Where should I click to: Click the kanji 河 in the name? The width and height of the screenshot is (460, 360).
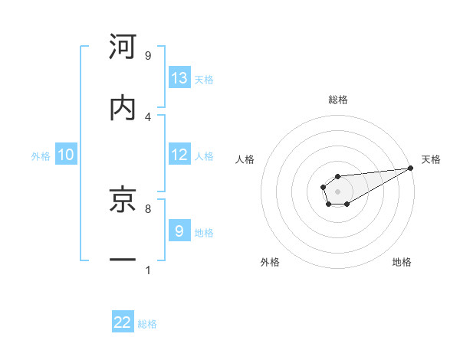[x=123, y=47]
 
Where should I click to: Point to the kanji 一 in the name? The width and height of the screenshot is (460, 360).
[x=123, y=260]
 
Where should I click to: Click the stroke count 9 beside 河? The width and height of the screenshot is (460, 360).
[x=148, y=56]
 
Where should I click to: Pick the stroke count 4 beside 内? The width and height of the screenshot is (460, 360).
[x=148, y=116]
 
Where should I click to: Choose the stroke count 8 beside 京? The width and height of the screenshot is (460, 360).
[x=148, y=208]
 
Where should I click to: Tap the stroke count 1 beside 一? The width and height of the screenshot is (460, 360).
[x=148, y=270]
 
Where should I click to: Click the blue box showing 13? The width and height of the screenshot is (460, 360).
[x=179, y=78]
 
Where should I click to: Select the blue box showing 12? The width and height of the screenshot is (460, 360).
[x=179, y=155]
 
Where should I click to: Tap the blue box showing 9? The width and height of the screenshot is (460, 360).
[x=179, y=231]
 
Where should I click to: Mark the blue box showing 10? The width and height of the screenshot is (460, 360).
[x=66, y=155]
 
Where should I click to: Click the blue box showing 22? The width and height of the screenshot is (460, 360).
[x=123, y=322]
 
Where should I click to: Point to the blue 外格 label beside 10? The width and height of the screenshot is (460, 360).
[x=41, y=155]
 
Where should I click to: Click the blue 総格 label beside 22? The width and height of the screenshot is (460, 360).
[x=147, y=324]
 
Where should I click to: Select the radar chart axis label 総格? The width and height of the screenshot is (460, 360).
[x=337, y=100]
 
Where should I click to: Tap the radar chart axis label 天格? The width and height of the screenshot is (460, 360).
[x=431, y=159]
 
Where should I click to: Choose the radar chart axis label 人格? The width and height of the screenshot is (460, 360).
[x=245, y=159]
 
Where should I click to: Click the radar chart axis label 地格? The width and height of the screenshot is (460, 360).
[x=402, y=262]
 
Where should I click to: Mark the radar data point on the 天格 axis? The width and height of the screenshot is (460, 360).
[x=410, y=168]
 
